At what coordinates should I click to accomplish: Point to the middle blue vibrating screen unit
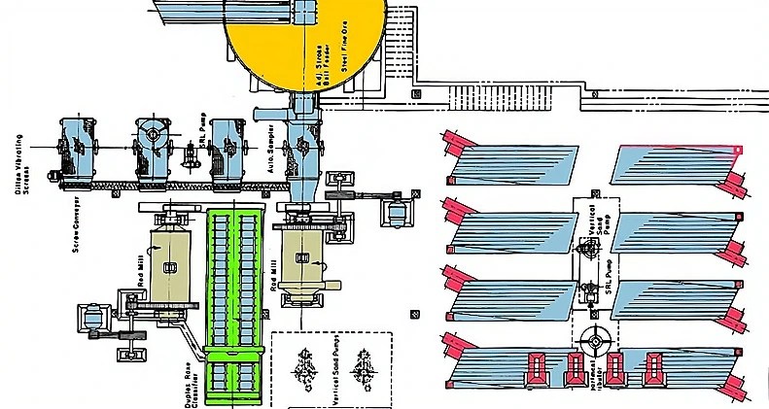[x=152, y=146]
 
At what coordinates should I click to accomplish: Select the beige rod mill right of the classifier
[x=302, y=258]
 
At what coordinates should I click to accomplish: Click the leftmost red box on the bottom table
[x=536, y=369]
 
